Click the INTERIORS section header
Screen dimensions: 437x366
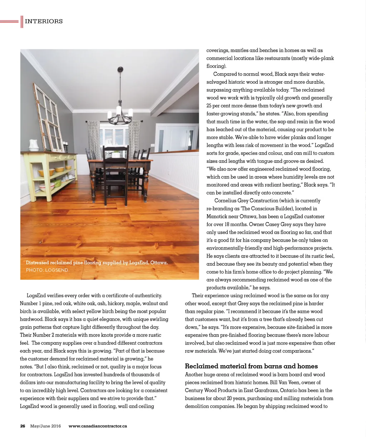click(x=44, y=21)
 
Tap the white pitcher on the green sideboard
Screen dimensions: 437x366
click(x=34, y=145)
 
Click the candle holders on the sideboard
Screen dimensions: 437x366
click(x=65, y=147)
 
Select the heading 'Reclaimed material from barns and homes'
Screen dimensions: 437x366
click(x=251, y=366)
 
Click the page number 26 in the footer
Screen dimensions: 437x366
click(x=23, y=426)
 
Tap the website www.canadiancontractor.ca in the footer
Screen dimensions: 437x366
click(x=98, y=426)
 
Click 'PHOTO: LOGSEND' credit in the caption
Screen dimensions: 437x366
click(x=47, y=270)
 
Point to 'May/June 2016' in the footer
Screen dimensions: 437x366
click(x=45, y=426)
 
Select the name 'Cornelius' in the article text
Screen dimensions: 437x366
click(x=225, y=201)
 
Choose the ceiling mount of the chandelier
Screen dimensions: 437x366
click(x=120, y=69)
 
